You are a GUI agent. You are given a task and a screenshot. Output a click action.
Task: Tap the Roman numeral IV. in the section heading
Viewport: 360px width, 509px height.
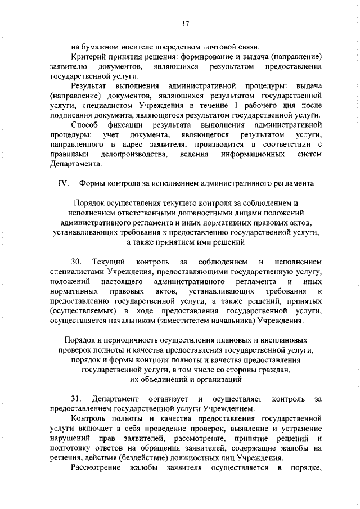click(62, 183)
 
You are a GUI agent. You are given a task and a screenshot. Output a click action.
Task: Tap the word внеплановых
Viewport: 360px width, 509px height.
click(287, 340)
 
